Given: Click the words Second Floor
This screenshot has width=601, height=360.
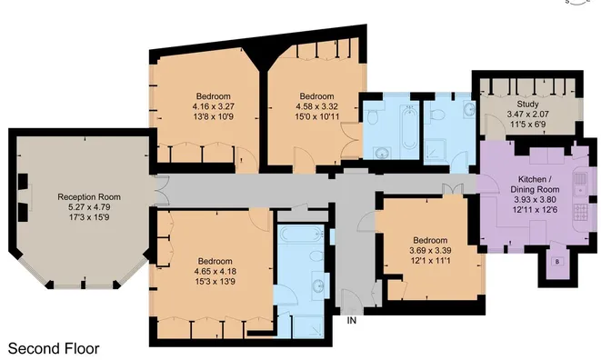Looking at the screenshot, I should point(54,347).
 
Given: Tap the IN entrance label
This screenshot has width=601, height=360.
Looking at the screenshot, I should point(351,319).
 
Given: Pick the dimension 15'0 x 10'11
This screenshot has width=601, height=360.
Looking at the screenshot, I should point(316,117).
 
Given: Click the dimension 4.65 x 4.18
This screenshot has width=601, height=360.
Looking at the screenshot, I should point(215,271).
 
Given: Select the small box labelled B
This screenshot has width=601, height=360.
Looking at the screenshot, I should point(557,263).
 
